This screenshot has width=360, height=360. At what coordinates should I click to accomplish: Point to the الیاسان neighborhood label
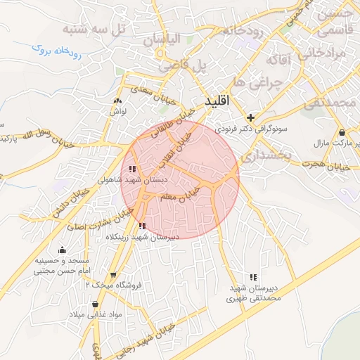coord(162,40)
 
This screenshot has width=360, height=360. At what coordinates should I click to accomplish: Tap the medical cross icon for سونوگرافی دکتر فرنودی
coord(251,117)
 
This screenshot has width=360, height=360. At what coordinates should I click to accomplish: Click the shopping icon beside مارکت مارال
coord(342,132)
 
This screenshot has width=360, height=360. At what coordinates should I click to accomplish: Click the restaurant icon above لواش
coord(117,101)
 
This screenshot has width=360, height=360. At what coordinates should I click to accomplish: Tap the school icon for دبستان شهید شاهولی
coord(133,169)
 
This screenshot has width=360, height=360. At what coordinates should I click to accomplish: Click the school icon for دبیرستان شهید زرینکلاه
coord(143,226)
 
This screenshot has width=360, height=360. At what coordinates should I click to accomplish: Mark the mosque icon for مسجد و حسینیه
coord(62,250)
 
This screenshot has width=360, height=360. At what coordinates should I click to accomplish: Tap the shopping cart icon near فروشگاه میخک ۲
coord(113,275)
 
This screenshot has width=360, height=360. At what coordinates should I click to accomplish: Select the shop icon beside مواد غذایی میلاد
coord(95,304)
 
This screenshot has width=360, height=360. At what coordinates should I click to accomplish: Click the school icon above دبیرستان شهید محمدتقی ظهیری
coord(253,277)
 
